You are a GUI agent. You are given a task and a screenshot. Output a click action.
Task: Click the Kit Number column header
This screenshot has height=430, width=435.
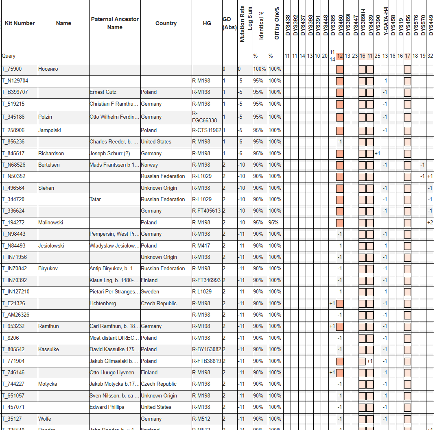[20, 24]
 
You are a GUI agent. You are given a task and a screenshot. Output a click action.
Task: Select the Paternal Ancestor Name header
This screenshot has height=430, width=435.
[115, 24]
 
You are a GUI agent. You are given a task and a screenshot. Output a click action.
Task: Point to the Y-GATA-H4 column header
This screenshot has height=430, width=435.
[385, 22]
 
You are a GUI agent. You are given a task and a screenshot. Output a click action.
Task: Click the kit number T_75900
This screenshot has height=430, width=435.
[13, 69]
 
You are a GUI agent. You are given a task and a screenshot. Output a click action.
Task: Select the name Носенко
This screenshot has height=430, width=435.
[48, 69]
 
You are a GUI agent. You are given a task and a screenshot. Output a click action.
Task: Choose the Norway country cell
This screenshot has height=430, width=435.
[149, 165]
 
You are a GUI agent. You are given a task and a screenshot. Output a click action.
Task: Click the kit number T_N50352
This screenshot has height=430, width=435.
[13, 176]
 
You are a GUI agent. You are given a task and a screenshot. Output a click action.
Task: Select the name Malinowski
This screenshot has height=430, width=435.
[51, 223]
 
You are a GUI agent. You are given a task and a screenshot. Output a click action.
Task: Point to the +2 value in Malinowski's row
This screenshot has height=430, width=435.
[430, 223]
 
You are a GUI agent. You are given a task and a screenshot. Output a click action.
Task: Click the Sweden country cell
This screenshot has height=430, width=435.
[150, 292]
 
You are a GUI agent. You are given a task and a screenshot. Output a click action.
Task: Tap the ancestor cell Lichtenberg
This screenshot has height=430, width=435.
[103, 304]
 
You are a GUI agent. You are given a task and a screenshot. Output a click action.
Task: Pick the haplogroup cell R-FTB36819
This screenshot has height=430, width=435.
[207, 361]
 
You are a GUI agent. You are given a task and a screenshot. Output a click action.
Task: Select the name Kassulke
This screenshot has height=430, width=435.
[48, 350]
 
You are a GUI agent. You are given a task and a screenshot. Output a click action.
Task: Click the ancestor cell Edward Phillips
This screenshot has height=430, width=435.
[107, 407]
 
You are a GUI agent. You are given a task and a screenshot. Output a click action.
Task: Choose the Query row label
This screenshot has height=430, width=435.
[9, 56]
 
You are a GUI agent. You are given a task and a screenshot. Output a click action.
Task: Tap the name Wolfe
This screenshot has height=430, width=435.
[45, 419]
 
